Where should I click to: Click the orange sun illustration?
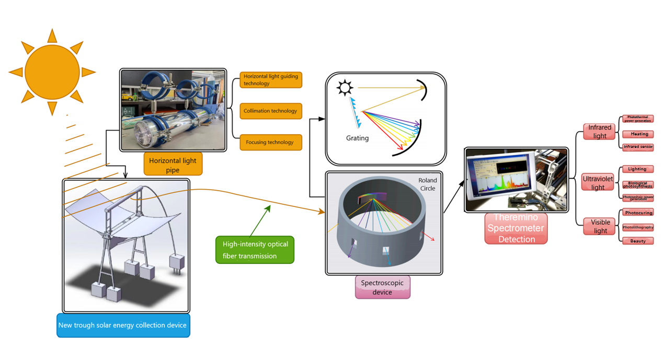pos(52,72)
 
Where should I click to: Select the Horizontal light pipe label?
pos(173,165)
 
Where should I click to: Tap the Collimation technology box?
pos(270,111)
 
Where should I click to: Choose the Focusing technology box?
pos(270,142)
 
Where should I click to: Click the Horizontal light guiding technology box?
pos(270,80)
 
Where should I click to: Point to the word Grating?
pos(357,138)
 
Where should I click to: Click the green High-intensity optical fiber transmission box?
pos(255,250)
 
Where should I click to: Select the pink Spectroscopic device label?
pos(382,287)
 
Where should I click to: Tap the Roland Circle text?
pos(427,184)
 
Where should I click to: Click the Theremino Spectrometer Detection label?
pos(516,228)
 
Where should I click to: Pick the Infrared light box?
pos(599,131)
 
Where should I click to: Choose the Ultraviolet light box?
pos(598,183)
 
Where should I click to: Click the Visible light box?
pos(600,226)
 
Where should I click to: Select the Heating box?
pos(639,134)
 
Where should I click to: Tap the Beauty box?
pos(638,241)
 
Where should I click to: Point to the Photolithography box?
pos(638,227)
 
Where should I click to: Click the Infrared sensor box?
pos(638,147)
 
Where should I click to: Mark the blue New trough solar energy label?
pos(123,325)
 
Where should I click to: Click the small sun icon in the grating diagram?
pos(345,87)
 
